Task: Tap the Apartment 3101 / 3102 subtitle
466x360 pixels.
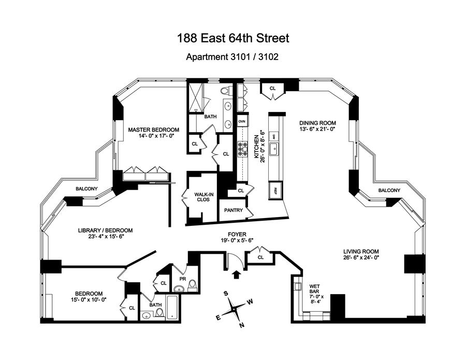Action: [232, 57]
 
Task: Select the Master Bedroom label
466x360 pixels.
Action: [154, 129]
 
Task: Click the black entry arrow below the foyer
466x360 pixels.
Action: [237, 275]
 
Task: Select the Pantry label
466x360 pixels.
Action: [234, 211]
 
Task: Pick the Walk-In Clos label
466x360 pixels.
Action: [202, 197]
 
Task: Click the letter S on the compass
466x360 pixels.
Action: [226, 293]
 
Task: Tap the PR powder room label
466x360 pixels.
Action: [182, 279]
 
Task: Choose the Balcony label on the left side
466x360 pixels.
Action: [86, 189]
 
